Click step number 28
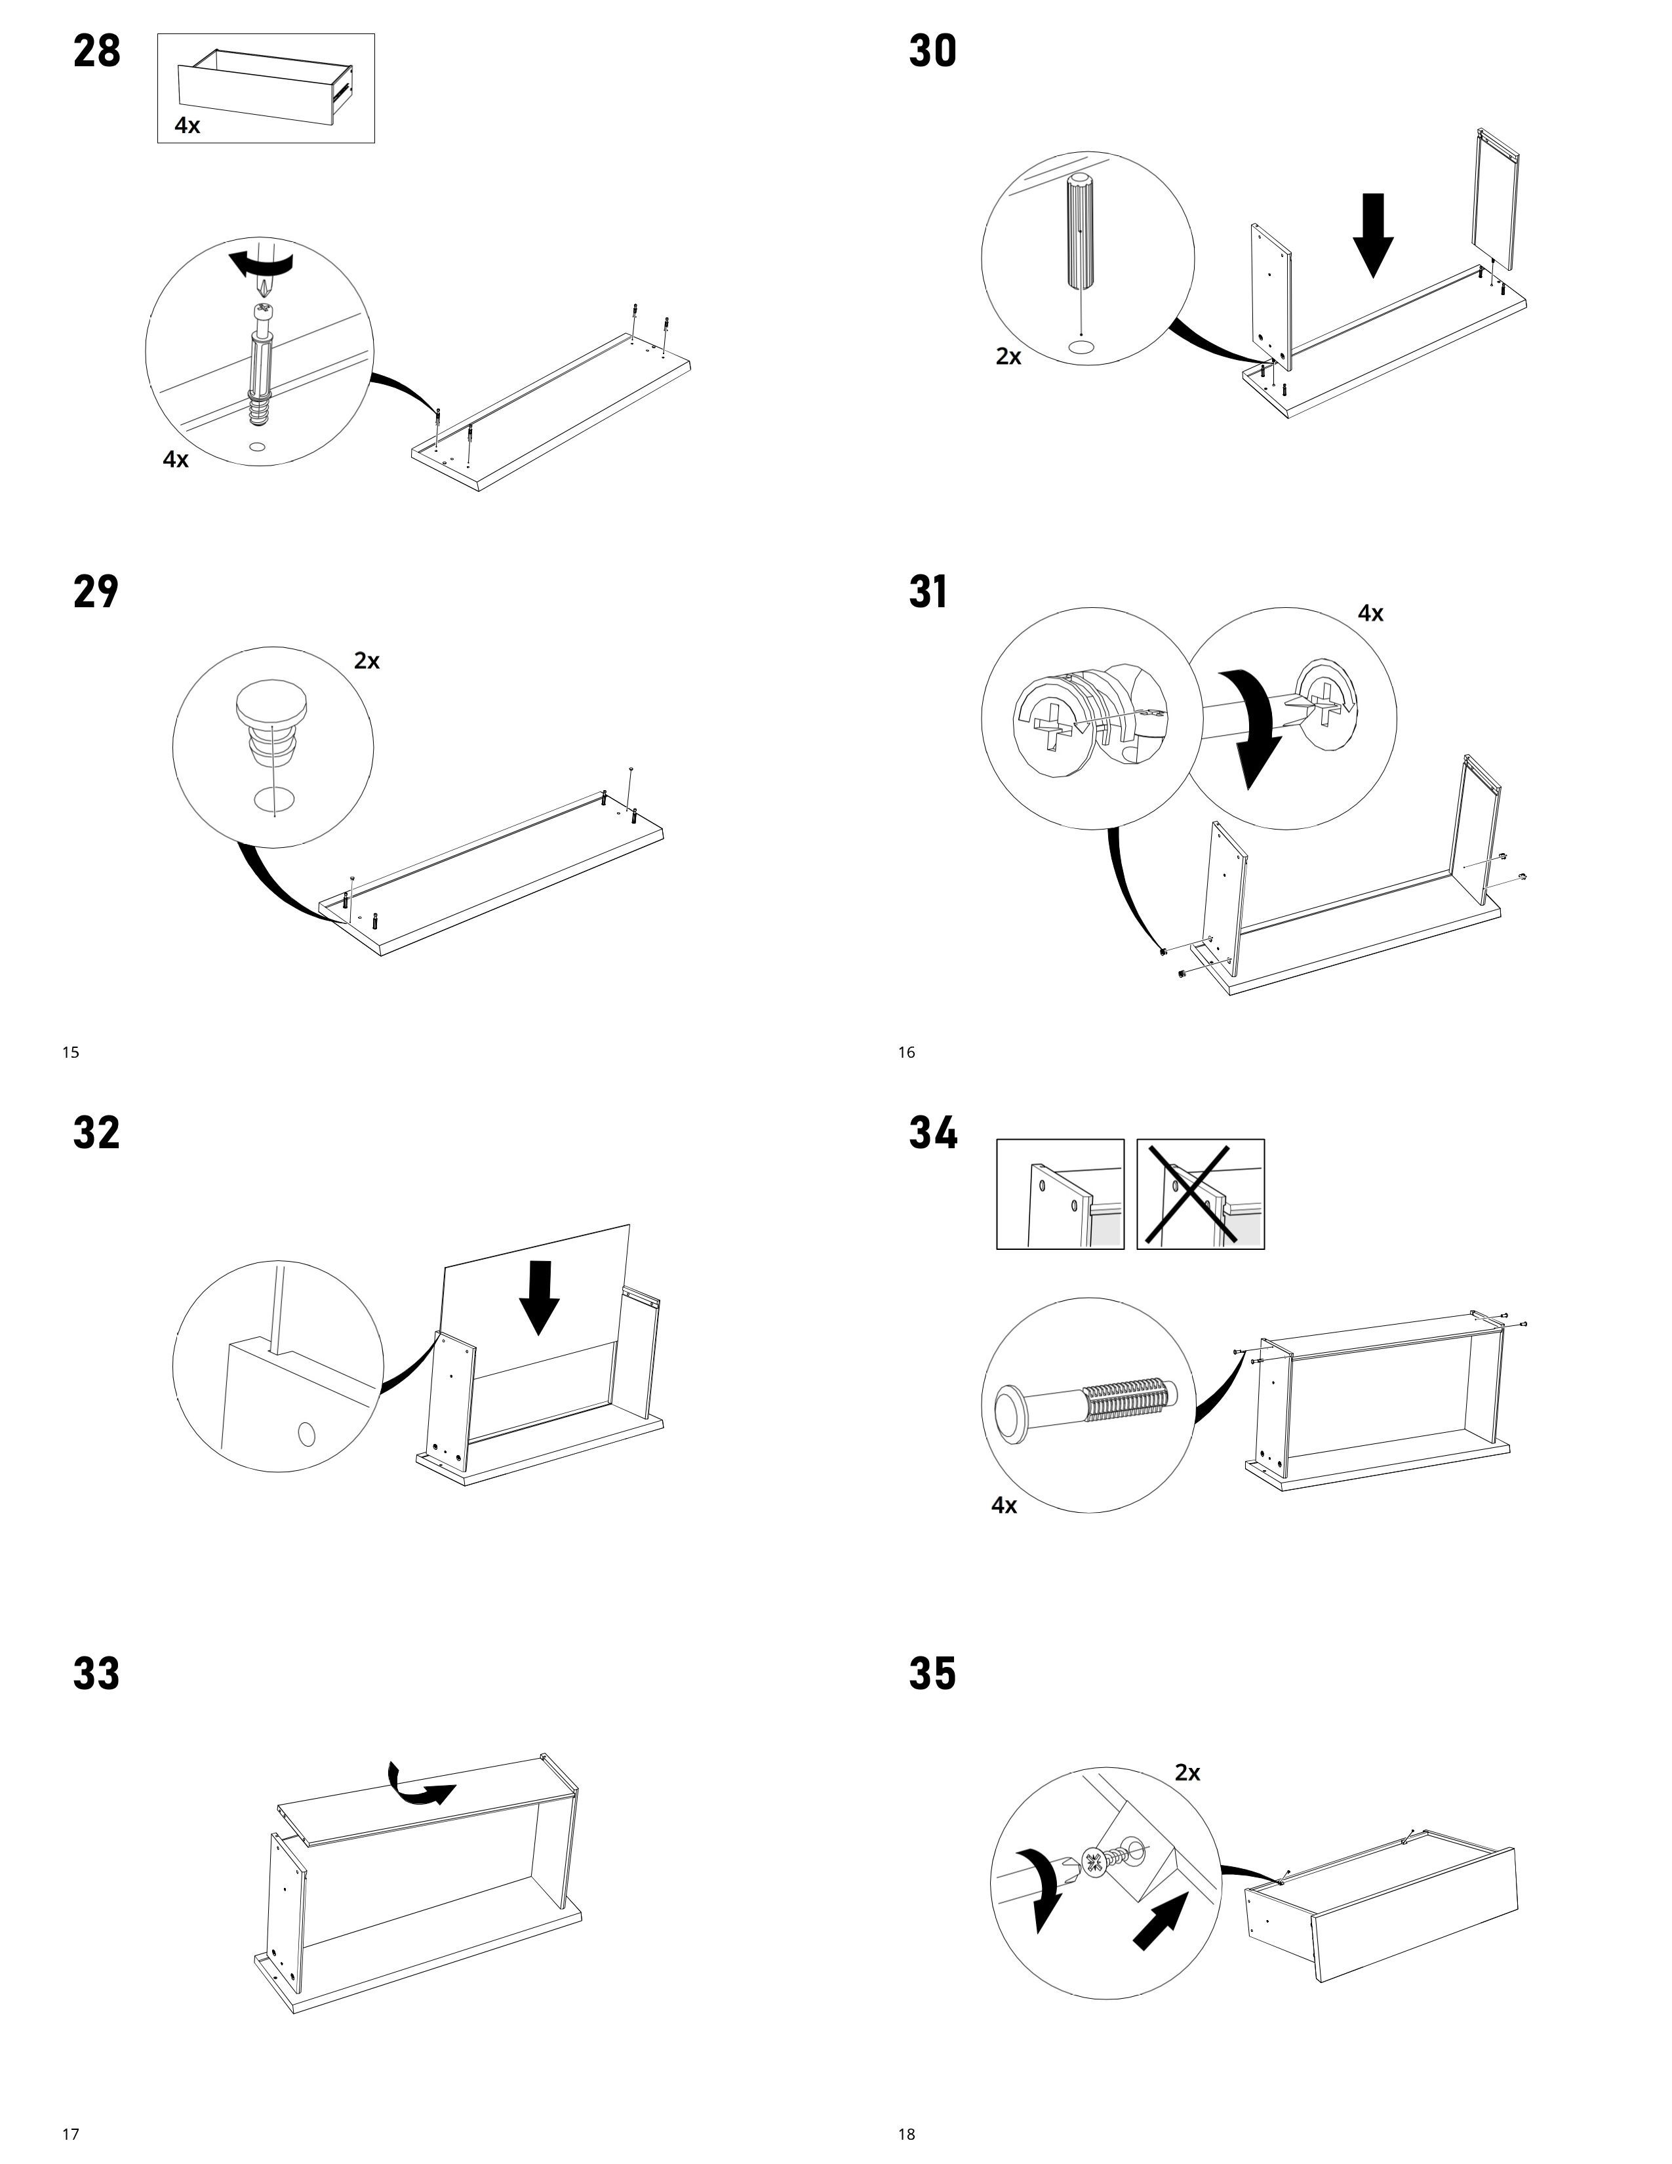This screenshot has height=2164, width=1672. [x=97, y=52]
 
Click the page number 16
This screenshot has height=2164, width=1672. [x=906, y=1052]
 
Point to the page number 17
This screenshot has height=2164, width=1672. [x=70, y=2134]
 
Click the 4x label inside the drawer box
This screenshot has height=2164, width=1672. [x=188, y=126]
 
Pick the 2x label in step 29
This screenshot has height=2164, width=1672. [x=367, y=661]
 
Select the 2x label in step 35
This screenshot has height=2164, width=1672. [x=1187, y=1773]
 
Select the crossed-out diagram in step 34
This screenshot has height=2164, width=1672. [x=1199, y=1194]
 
